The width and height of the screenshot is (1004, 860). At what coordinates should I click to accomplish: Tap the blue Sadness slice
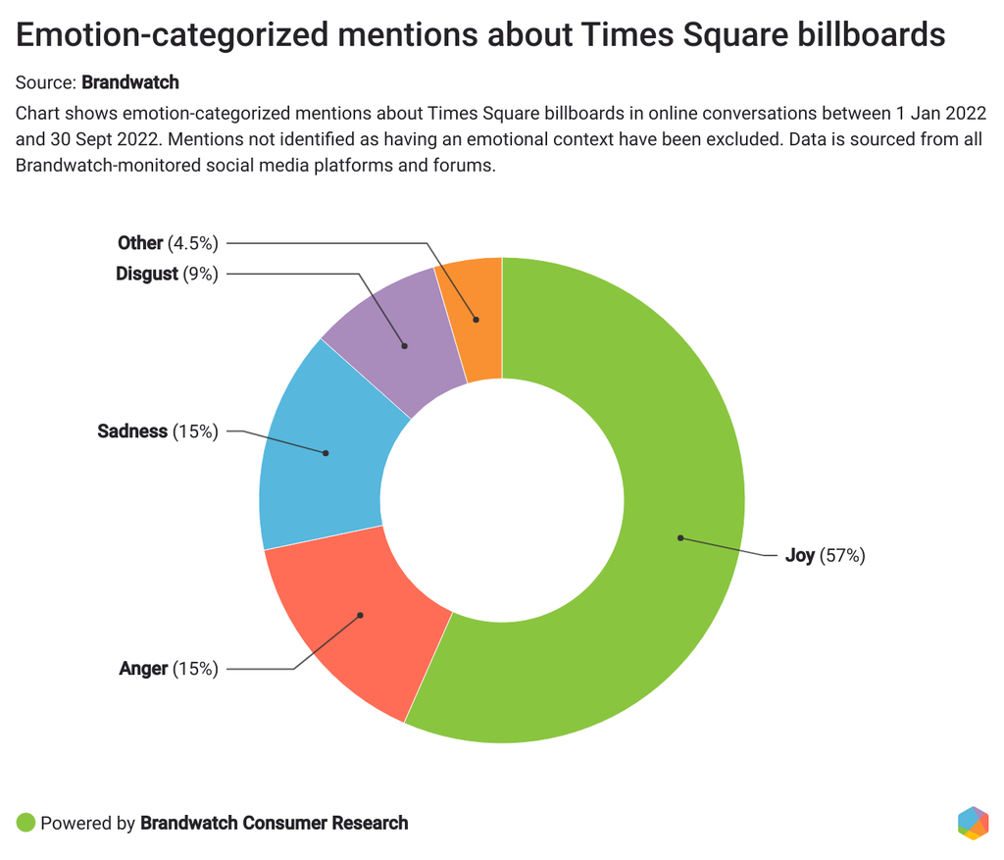click(x=314, y=461)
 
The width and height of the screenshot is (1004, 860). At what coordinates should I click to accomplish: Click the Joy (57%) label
click(x=825, y=556)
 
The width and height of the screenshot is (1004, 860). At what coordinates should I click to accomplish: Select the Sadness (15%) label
click(x=158, y=431)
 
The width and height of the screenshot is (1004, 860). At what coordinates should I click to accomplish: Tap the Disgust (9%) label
click(x=167, y=274)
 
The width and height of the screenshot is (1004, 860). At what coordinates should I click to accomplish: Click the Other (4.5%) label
click(x=168, y=242)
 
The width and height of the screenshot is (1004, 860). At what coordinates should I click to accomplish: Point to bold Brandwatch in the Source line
click(x=130, y=82)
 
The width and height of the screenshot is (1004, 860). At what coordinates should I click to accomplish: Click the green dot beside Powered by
click(x=26, y=823)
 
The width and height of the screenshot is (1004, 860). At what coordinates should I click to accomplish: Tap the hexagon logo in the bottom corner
click(x=972, y=823)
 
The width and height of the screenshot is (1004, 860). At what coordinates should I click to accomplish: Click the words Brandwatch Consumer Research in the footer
click(x=275, y=823)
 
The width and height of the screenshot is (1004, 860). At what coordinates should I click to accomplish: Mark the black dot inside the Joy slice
click(x=679, y=537)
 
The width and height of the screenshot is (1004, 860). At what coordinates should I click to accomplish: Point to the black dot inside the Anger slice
click(x=361, y=616)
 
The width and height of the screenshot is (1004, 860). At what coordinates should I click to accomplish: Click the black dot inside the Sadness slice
click(x=326, y=453)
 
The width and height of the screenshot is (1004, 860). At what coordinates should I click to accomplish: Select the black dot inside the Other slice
click(x=477, y=319)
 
